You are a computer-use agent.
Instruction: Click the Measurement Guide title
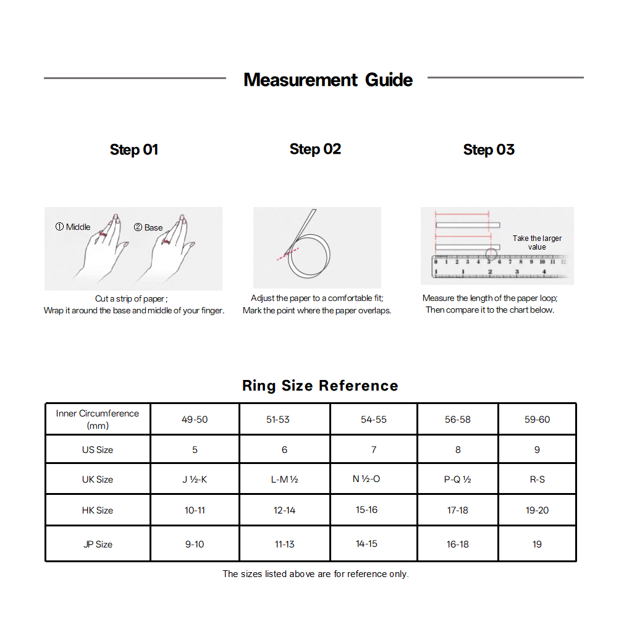[x=328, y=80]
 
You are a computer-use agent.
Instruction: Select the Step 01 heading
[x=134, y=150]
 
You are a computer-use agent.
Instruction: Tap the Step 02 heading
[x=315, y=150]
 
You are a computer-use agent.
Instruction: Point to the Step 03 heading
[x=489, y=150]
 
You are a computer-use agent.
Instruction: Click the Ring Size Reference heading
[x=320, y=386]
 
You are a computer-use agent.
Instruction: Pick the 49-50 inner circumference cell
[x=195, y=420]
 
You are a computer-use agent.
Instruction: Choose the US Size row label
[x=98, y=450]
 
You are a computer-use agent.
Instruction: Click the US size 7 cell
[x=374, y=450]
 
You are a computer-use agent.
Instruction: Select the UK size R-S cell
[x=537, y=479]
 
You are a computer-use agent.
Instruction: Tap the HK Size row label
[x=98, y=510]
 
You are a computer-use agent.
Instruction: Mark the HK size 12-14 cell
[x=284, y=510]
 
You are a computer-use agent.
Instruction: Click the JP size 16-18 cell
[x=458, y=544]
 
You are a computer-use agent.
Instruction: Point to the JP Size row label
[x=98, y=544]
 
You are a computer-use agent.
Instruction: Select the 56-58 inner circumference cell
[x=458, y=420]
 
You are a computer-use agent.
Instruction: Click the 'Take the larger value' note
[x=537, y=243]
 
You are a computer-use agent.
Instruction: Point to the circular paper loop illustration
[x=309, y=255]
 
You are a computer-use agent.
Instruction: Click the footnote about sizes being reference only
[x=316, y=574]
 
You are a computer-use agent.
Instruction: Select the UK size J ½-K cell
[x=195, y=479]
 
